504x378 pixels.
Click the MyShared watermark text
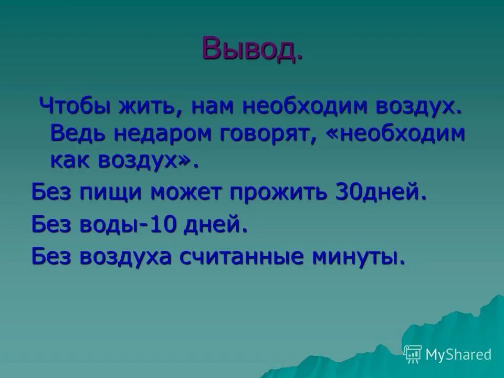(458, 354)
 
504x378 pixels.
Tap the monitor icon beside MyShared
(413, 354)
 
